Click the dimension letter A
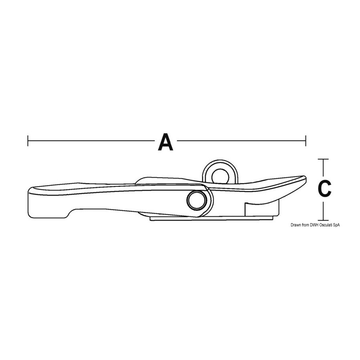coord(166,142)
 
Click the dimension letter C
coord(324,188)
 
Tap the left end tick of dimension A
coord(28,141)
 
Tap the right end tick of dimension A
coord(306,141)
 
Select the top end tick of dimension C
coord(323,159)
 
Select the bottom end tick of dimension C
coord(323,220)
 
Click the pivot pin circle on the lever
coord(197,200)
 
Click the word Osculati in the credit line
coord(323,225)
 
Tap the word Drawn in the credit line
coord(296,225)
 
